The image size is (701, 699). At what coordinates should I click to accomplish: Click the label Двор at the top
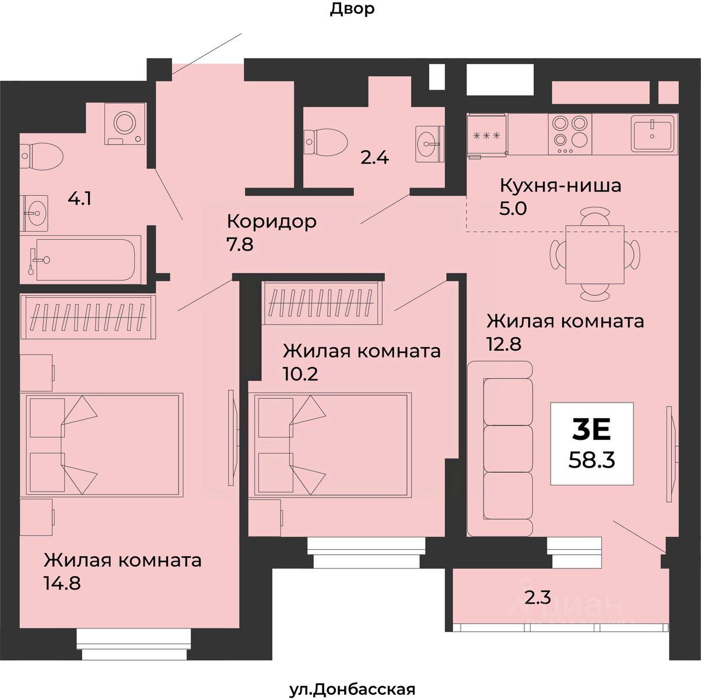click(352, 9)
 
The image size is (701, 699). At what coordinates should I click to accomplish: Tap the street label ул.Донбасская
click(352, 690)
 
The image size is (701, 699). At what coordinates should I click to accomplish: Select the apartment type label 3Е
click(592, 430)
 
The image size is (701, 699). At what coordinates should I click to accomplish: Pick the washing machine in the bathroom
click(124, 123)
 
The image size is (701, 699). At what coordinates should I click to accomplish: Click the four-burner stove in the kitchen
click(570, 133)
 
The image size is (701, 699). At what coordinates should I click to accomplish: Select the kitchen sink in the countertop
click(653, 133)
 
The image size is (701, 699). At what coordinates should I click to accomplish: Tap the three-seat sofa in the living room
click(501, 448)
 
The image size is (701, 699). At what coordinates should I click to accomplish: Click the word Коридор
click(271, 221)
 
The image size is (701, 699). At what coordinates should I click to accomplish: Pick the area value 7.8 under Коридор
click(240, 243)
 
